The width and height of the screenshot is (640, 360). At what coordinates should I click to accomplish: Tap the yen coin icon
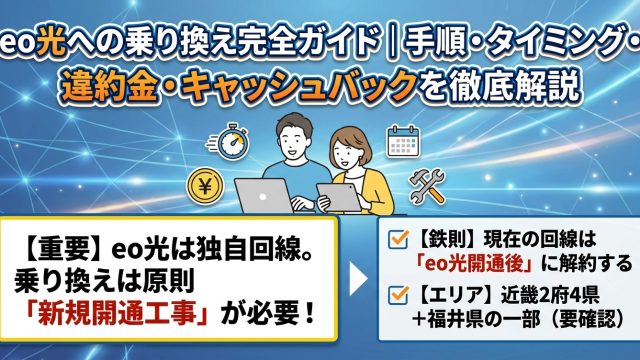(x=205, y=187)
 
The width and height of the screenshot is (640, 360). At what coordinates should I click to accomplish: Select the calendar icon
(x=403, y=142)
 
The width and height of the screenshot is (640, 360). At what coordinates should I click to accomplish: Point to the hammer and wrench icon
(x=427, y=186)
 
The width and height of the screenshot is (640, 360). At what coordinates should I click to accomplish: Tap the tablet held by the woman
(x=338, y=198)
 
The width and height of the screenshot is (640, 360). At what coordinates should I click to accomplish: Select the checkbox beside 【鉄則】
(x=398, y=239)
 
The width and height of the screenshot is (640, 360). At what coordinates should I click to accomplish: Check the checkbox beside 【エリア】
(x=398, y=294)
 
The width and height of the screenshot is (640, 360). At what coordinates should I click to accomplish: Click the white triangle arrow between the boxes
(x=358, y=279)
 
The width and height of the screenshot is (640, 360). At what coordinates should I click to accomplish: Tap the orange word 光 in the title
(x=51, y=41)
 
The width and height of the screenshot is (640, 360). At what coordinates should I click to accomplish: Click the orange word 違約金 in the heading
(x=109, y=87)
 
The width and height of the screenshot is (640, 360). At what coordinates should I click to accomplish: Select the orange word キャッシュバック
(x=299, y=87)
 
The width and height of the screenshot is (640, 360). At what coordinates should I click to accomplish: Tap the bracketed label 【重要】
(x=59, y=249)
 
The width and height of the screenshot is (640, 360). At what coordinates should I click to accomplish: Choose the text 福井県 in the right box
(x=455, y=319)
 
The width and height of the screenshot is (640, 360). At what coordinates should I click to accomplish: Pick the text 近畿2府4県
(x=550, y=295)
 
